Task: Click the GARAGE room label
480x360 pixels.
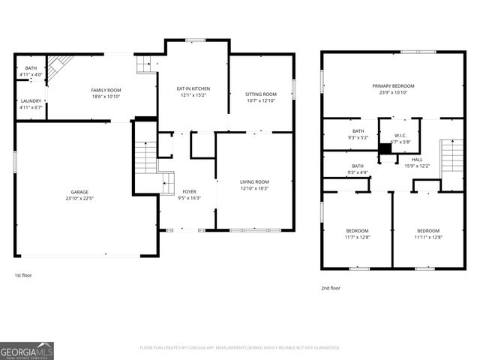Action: point(74,192)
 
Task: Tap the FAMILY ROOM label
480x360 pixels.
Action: point(106,90)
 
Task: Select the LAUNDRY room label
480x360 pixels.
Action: point(31,100)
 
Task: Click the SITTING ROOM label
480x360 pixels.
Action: point(261,94)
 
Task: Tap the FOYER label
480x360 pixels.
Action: point(189,191)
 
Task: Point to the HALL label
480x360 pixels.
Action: point(417,159)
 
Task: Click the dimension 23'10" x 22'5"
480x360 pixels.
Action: point(74,199)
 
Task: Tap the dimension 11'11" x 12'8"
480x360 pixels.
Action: point(428,237)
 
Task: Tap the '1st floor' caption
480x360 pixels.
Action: point(22,275)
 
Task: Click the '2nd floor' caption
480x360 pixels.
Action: point(330,288)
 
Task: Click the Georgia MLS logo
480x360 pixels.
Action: point(27,350)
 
